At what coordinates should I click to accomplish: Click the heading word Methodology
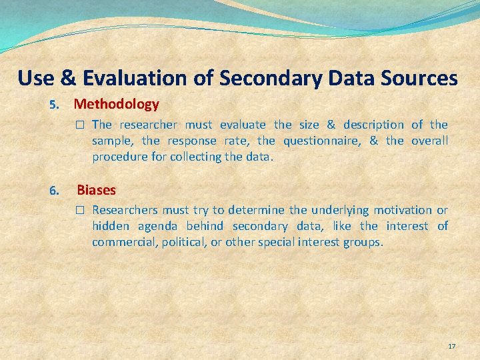point(117,104)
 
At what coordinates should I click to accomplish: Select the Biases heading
point(96,190)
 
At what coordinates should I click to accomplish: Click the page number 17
point(451,347)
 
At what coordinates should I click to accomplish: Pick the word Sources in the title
point(419,79)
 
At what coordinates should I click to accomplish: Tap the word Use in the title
point(35,79)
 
